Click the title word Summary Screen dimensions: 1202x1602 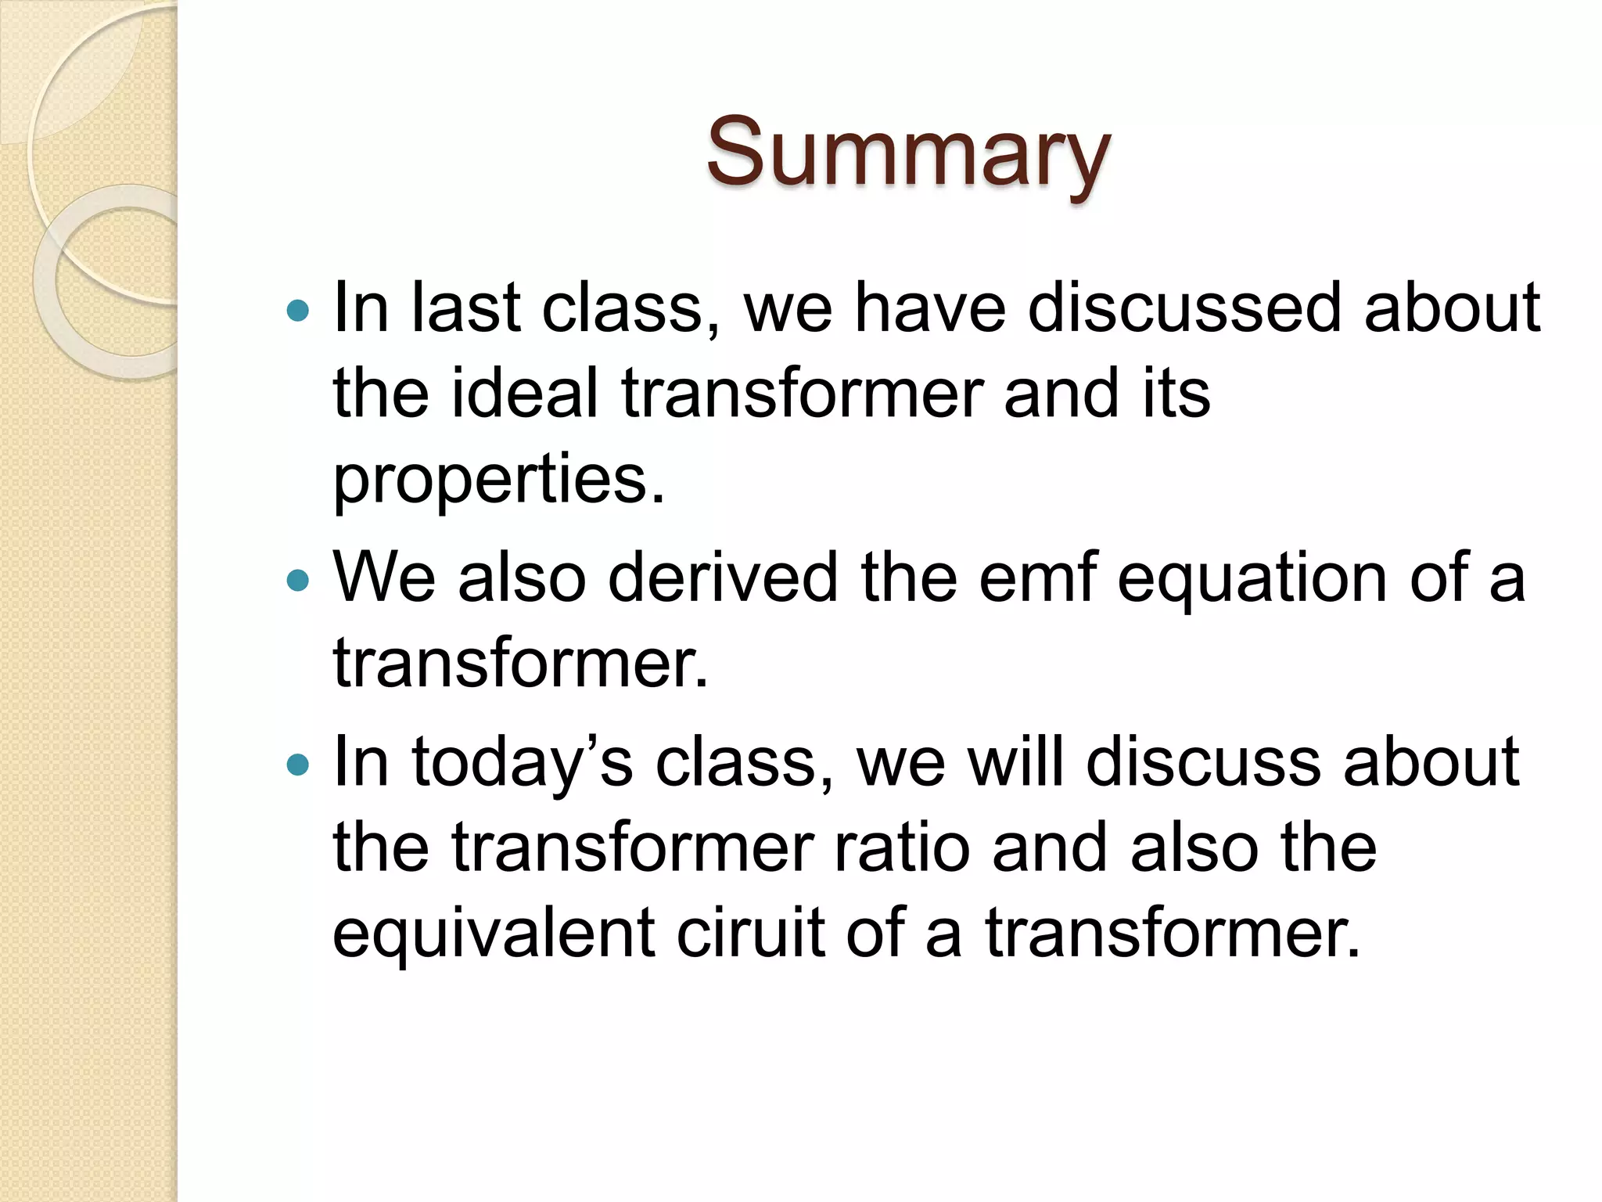point(907,153)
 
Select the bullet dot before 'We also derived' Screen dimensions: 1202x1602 point(298,581)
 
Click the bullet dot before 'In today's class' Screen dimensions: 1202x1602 point(298,765)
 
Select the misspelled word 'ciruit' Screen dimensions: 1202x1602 point(749,933)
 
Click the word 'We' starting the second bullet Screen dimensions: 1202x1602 point(384,578)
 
